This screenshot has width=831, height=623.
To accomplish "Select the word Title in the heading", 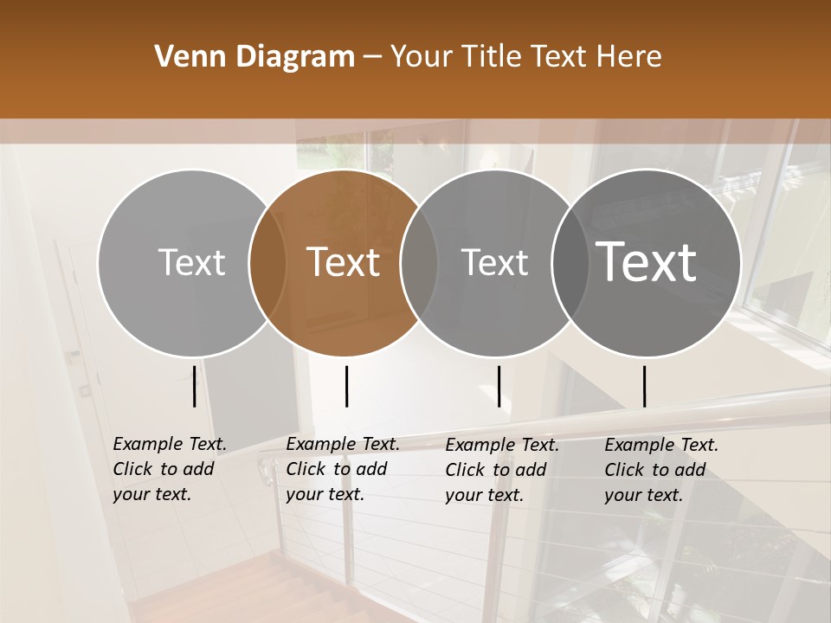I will coord(492,57).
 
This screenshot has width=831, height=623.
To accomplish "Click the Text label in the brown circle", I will coord(343,262).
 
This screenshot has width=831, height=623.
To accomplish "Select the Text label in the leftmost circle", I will coord(191,262).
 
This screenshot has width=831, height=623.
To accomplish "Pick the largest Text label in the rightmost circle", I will coord(646,261).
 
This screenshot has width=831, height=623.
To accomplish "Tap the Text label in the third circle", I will coord(494,262).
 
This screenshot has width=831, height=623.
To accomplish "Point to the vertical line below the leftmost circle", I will coord(195,386).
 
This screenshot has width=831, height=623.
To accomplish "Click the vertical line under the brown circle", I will coord(346,386).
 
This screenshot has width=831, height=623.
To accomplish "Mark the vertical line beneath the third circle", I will coord(499,386).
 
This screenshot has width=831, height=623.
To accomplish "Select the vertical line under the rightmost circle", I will coord(645,386).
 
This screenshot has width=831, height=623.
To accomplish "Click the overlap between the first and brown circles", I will coord(267,263).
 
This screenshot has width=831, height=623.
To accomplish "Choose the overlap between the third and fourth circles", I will coord(568,263).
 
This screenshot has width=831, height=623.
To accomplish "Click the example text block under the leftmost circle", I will coord(169,470).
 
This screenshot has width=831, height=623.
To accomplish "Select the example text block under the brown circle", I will coord(342,470).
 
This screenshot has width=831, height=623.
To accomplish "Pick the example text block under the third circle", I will coord(501,470).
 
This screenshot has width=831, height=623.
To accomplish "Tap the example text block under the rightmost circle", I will coord(660,470).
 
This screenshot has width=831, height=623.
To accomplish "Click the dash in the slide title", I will coord(372,58).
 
